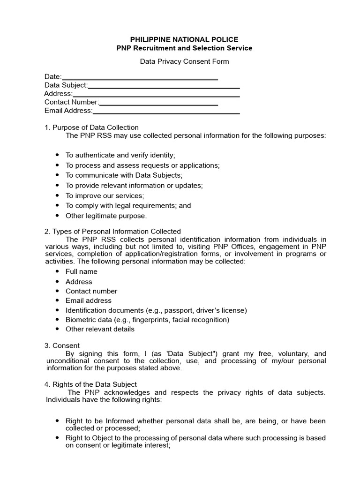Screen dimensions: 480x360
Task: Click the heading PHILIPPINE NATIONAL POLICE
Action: [184, 39]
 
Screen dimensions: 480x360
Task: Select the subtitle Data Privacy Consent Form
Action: [185, 61]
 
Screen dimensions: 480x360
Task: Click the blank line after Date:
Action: [140, 77]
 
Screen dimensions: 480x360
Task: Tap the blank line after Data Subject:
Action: [164, 86]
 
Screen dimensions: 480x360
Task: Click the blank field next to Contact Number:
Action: [158, 103]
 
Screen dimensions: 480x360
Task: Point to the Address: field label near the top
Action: [58, 94]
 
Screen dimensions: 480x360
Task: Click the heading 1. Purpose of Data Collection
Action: [91, 127]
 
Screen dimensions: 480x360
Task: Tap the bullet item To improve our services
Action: [105, 195]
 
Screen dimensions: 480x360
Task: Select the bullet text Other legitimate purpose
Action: [106, 216]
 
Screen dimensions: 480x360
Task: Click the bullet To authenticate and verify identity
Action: [120, 155]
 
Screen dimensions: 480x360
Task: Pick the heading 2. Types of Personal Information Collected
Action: [112, 231]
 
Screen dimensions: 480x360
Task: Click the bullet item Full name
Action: [82, 271]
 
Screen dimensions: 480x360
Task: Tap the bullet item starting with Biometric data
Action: [147, 320]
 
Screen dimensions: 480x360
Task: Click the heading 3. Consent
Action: [62, 345]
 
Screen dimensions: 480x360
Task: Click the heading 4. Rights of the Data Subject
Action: [90, 384]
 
